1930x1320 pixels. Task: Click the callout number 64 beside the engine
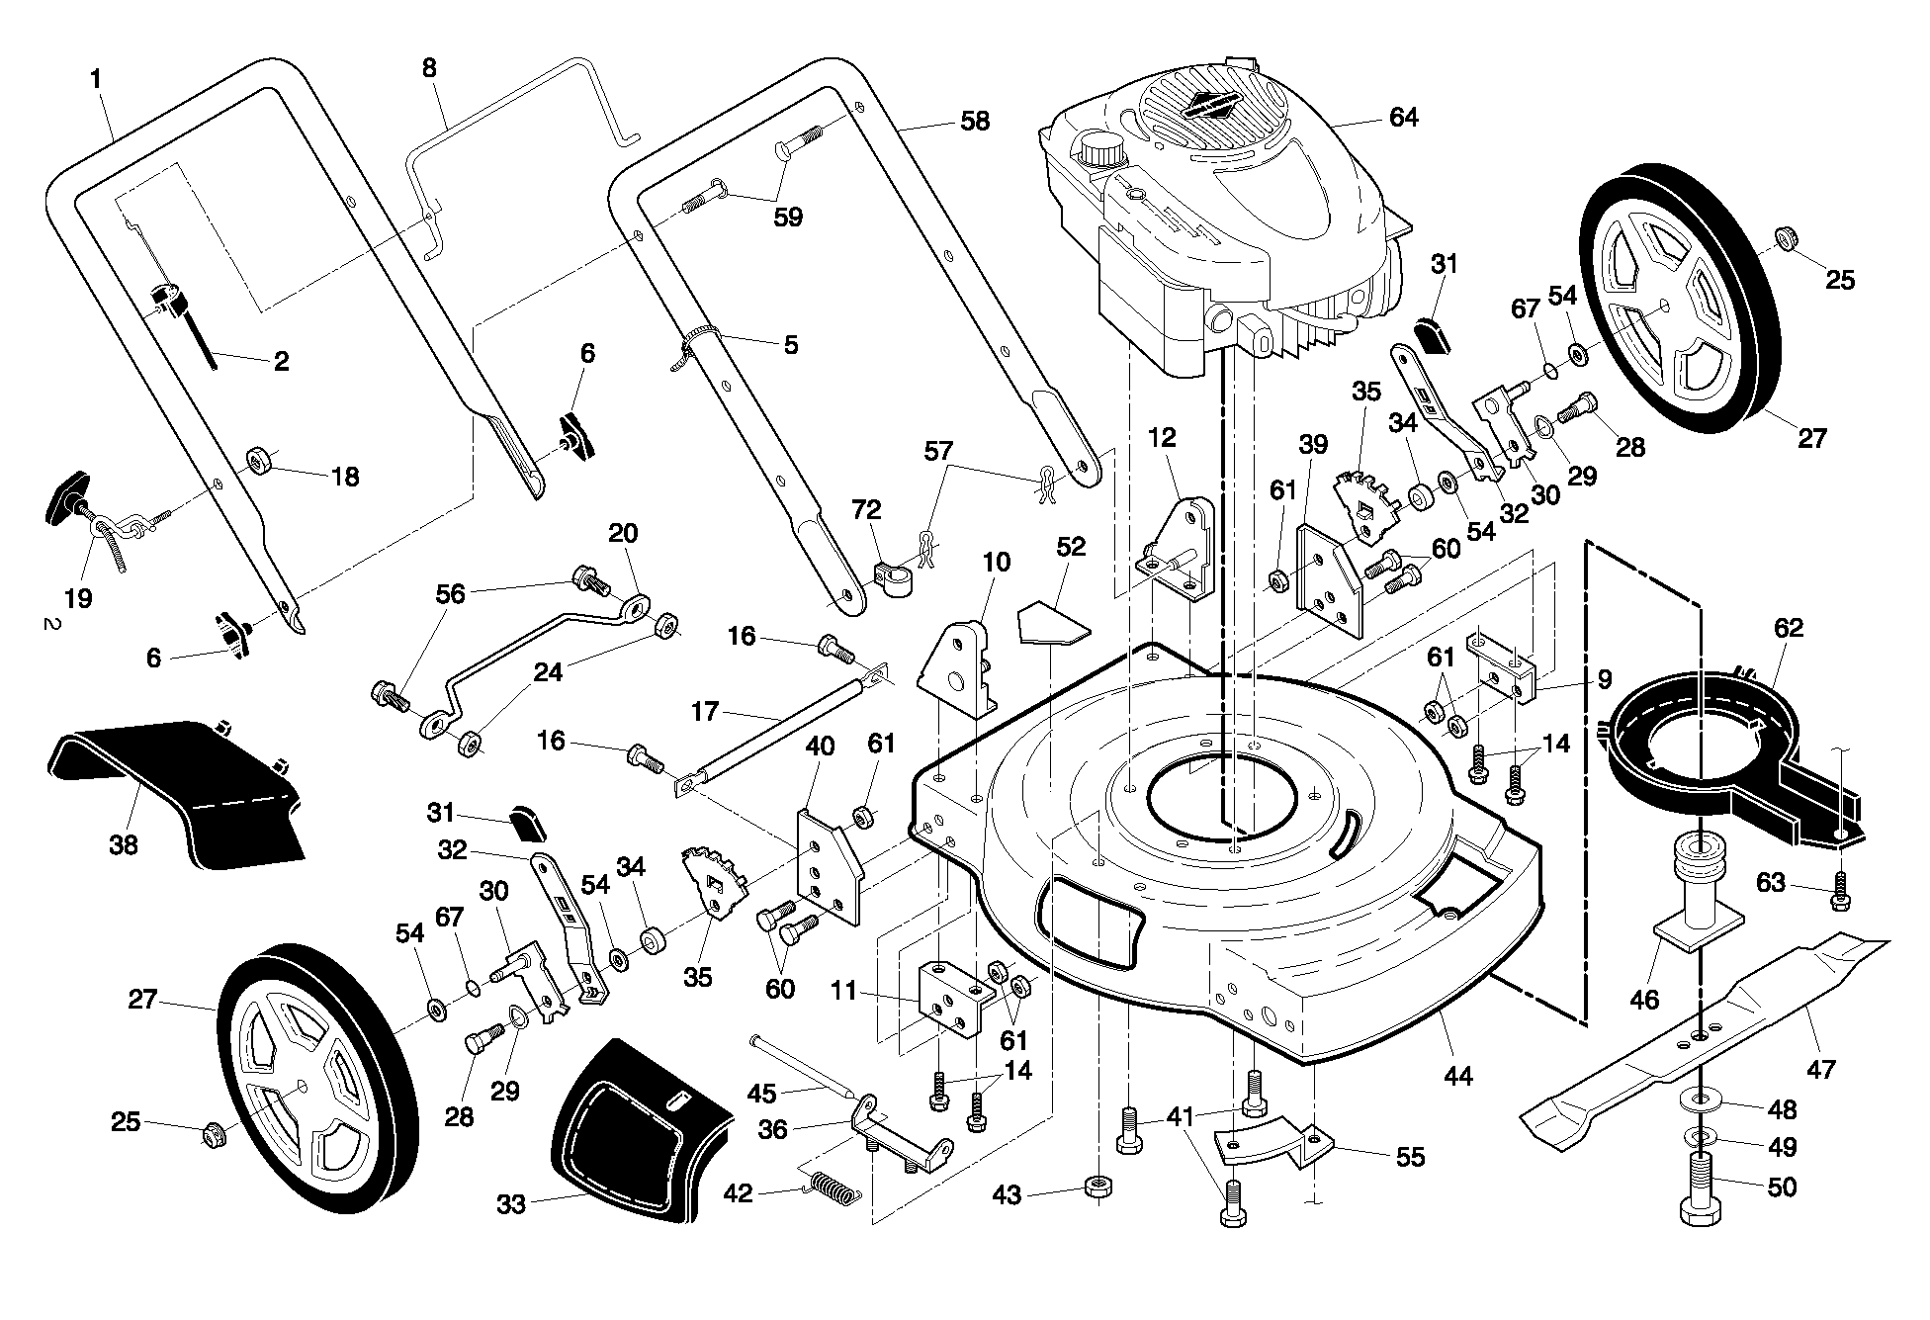coord(1403,118)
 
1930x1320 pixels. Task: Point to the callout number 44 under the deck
coord(1458,1076)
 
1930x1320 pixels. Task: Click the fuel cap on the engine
coord(1102,150)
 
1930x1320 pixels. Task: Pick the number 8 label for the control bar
coord(428,68)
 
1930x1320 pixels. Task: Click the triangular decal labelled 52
coord(1053,620)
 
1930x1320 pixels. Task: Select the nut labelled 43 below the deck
coord(1095,1186)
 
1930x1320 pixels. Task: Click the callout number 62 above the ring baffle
coord(1789,628)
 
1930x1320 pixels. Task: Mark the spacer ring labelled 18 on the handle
coord(261,460)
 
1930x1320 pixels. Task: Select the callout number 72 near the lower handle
coord(867,510)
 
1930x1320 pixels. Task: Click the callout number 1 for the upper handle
coord(96,78)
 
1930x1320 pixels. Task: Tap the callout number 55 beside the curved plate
coord(1410,1157)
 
